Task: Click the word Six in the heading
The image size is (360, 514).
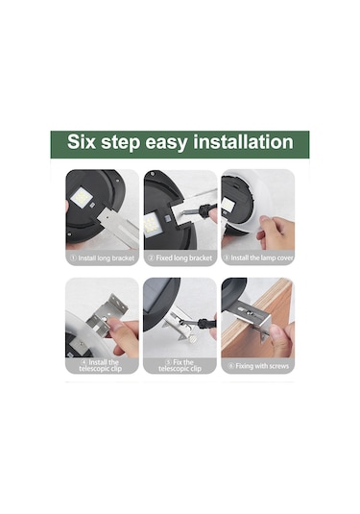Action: coord(82,141)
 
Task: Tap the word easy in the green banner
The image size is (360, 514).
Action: coord(166,143)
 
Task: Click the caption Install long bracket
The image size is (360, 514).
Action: coord(103,258)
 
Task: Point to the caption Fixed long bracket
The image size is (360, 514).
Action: coord(180,258)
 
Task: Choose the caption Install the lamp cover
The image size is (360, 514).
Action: coord(258,258)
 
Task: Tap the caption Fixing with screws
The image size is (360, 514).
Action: coord(259,366)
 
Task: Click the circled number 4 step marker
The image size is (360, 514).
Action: coord(84,362)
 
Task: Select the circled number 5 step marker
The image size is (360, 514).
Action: coord(168,362)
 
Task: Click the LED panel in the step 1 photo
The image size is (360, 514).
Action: coord(82,197)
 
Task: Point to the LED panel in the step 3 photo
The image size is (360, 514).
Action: coord(228,205)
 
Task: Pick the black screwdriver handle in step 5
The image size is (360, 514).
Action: coord(205,323)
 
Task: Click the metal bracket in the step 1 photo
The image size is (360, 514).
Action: coord(119,225)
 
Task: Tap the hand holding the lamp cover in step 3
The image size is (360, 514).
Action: coord(276,233)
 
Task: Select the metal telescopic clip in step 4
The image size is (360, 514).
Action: coord(108,315)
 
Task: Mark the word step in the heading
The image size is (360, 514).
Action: coord(121,143)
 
